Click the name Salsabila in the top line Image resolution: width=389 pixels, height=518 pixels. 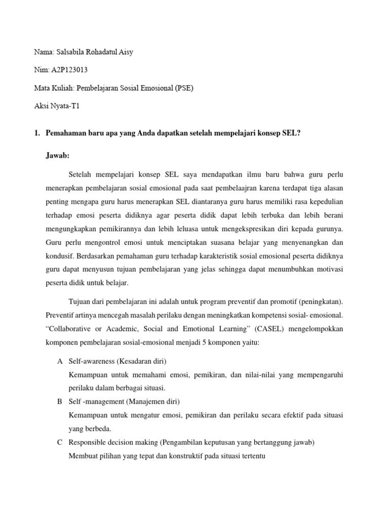(x=69, y=52)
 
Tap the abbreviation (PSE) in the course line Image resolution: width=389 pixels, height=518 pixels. (x=184, y=88)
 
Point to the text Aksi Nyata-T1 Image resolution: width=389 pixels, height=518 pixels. (x=57, y=106)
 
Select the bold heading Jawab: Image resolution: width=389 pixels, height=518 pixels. (x=57, y=155)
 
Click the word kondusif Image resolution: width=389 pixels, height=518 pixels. (x=60, y=255)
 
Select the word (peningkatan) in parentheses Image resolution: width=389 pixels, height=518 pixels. (x=319, y=302)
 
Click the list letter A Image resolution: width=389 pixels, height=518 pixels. (x=60, y=361)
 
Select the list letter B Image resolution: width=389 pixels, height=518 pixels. (x=60, y=402)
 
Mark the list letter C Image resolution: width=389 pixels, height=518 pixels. (x=60, y=442)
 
